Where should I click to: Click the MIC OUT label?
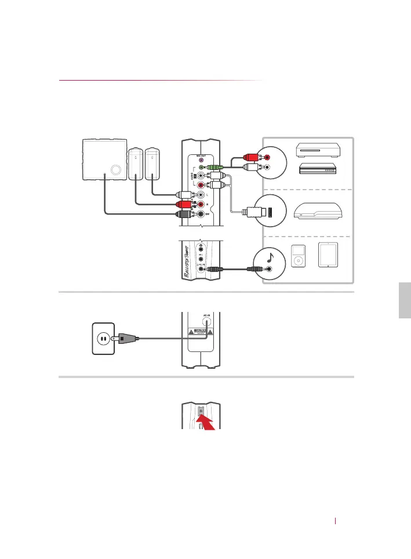pyautogui.click(x=201, y=147)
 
